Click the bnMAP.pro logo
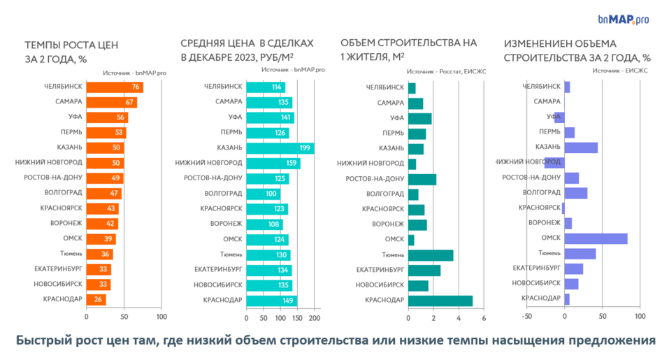(x=623, y=20)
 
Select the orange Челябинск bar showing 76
(x=115, y=87)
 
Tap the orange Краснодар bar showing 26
(x=96, y=300)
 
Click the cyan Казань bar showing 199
(x=280, y=147)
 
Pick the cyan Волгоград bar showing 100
(x=263, y=193)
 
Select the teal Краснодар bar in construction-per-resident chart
(x=440, y=301)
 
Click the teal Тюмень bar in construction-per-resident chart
(x=430, y=254)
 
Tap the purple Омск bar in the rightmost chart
(x=596, y=239)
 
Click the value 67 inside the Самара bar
(x=129, y=102)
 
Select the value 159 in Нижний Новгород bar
(x=291, y=163)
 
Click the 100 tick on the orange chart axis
(x=161, y=317)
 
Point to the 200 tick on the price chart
(x=314, y=317)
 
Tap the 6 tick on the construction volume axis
(x=484, y=317)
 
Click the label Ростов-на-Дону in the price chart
(x=213, y=178)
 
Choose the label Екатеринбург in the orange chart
(x=58, y=269)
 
